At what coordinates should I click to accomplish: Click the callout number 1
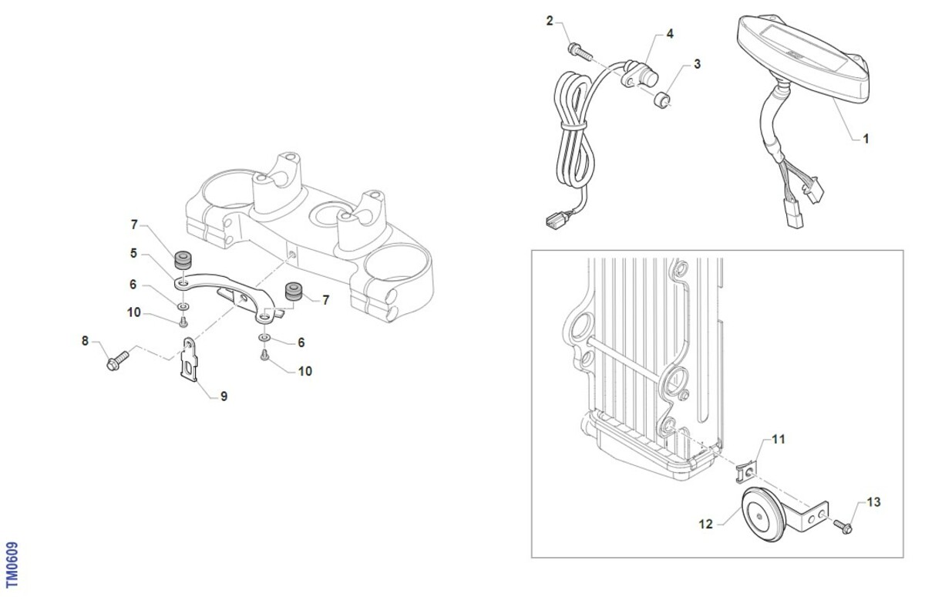[866, 140]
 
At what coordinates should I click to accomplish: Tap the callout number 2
[550, 21]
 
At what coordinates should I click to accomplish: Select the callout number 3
[697, 64]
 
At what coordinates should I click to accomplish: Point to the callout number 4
[670, 34]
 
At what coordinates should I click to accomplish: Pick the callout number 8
[86, 339]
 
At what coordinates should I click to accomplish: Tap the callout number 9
[224, 396]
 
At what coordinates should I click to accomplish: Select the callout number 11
[779, 439]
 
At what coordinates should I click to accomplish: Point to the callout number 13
[873, 502]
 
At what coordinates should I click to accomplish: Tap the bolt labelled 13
[843, 526]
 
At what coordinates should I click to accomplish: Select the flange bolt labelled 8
[116, 359]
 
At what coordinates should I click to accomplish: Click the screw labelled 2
[578, 51]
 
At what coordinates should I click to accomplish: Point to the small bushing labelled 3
[661, 99]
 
